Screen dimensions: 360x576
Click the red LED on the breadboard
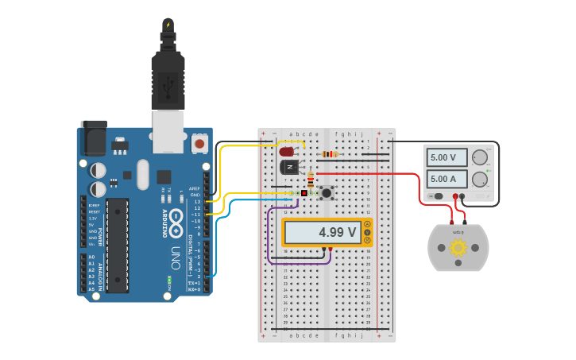click(287, 151)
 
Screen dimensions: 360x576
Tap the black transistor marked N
click(289, 167)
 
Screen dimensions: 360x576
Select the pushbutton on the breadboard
click(325, 193)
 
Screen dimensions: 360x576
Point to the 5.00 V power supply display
click(446, 157)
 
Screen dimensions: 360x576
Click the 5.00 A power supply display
click(446, 179)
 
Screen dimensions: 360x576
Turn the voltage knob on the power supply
click(480, 157)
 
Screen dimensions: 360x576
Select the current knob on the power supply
click(480, 179)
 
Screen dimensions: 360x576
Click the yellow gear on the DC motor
click(458, 247)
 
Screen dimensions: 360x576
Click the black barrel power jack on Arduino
click(94, 138)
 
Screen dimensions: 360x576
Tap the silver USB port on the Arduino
click(168, 131)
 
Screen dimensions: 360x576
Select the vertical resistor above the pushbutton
click(311, 179)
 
